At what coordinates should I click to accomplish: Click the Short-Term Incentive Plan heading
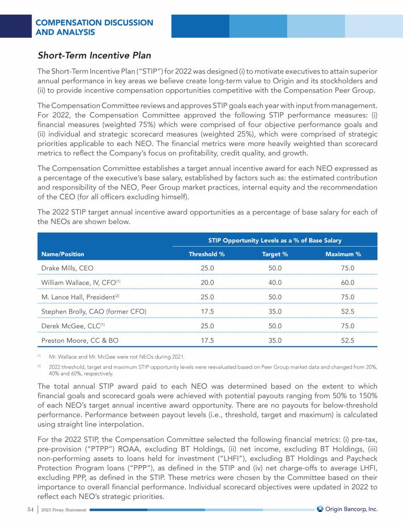pyautogui.click(x=94, y=55)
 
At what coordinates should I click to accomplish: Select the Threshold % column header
pyautogui.click(x=207, y=254)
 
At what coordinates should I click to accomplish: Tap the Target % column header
pyautogui.click(x=274, y=254)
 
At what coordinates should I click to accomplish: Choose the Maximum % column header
pyautogui.click(x=343, y=254)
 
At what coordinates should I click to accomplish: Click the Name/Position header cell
pyautogui.click(x=62, y=254)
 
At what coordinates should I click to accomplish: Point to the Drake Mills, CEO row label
pyautogui.click(x=67, y=268)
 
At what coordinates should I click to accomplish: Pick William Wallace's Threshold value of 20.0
pyautogui.click(x=207, y=282)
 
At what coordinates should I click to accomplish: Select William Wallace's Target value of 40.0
pyautogui.click(x=274, y=282)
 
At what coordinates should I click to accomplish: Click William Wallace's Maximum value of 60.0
pyautogui.click(x=347, y=282)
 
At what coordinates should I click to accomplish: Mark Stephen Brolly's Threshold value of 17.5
pyautogui.click(x=207, y=312)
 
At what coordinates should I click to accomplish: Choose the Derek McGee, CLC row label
pyautogui.click(x=75, y=326)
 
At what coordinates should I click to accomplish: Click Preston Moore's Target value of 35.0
pyautogui.click(x=274, y=340)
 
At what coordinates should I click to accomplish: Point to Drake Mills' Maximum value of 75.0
pyautogui.click(x=347, y=268)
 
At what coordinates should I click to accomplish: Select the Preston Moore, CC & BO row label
pyautogui.click(x=79, y=340)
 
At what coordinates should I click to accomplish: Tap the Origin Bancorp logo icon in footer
pyautogui.click(x=320, y=509)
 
